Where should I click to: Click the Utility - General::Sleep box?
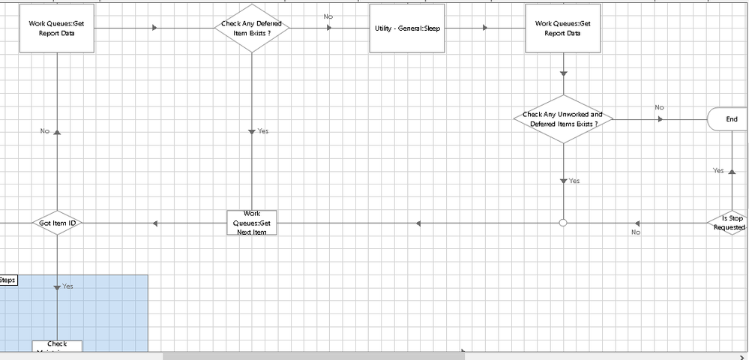pyautogui.click(x=407, y=28)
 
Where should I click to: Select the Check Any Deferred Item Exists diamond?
pyautogui.click(x=252, y=28)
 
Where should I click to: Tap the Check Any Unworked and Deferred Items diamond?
pyautogui.click(x=562, y=119)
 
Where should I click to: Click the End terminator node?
pyautogui.click(x=729, y=119)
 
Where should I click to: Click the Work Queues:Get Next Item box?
pyautogui.click(x=252, y=223)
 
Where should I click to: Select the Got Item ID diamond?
pyautogui.click(x=57, y=223)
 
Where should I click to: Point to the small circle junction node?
pyautogui.click(x=563, y=223)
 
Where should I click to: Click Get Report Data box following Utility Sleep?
pyautogui.click(x=562, y=28)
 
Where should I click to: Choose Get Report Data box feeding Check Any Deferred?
pyautogui.click(x=57, y=28)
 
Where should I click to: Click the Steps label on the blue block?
pyautogui.click(x=7, y=280)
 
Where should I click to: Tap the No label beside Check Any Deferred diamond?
pyautogui.click(x=328, y=16)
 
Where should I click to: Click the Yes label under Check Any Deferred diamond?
pyautogui.click(x=262, y=131)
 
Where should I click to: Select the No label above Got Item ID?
pyautogui.click(x=45, y=131)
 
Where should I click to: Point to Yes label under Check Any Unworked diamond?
pyautogui.click(x=574, y=181)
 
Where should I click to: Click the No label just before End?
pyautogui.click(x=659, y=107)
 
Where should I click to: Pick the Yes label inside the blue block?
pyautogui.click(x=67, y=286)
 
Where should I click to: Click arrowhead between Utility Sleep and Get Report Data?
pyautogui.click(x=485, y=28)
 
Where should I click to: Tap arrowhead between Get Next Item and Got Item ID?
pyautogui.click(x=154, y=223)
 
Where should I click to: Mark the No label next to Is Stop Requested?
pyautogui.click(x=636, y=232)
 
